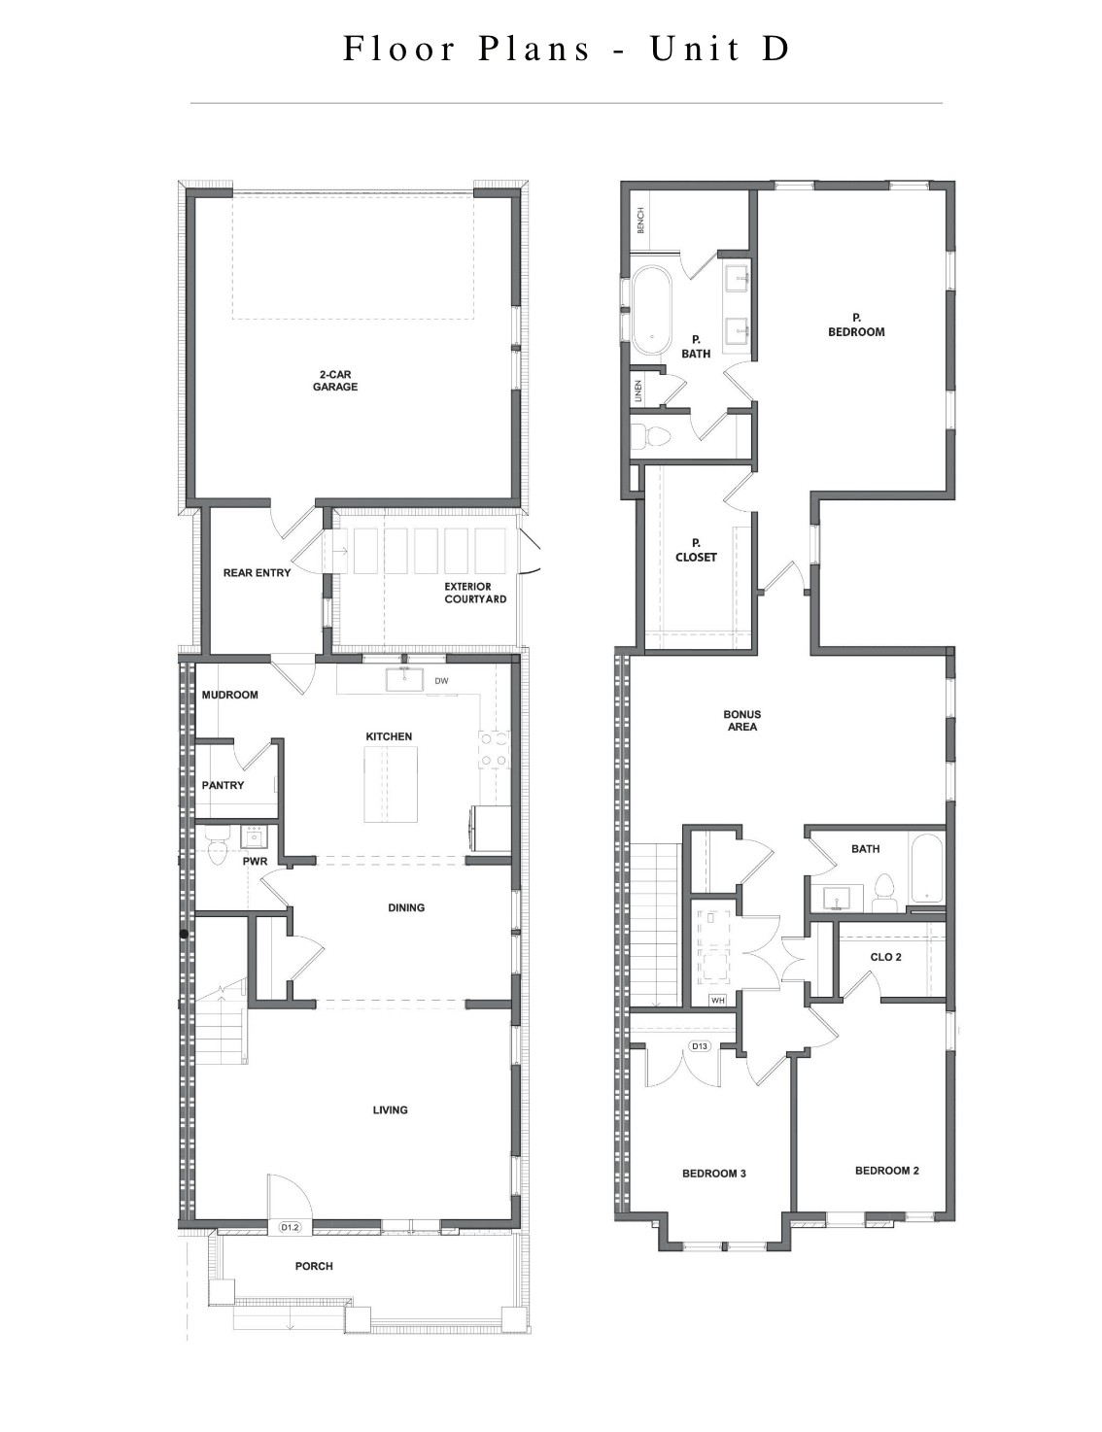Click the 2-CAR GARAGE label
(334, 380)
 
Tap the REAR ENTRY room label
(257, 572)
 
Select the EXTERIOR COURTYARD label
(475, 593)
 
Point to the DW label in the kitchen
(441, 680)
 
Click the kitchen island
(391, 784)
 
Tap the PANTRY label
(223, 784)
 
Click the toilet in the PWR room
(216, 848)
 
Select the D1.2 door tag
(291, 1227)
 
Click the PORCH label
(314, 1266)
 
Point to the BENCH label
(641, 222)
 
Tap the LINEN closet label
(638, 390)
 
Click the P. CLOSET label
(696, 550)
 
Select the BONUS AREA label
(741, 720)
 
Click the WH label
(717, 999)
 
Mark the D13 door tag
(699, 1046)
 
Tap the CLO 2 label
(885, 957)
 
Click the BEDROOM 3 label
(713, 1173)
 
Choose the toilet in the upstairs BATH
(884, 892)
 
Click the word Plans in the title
(534, 49)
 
